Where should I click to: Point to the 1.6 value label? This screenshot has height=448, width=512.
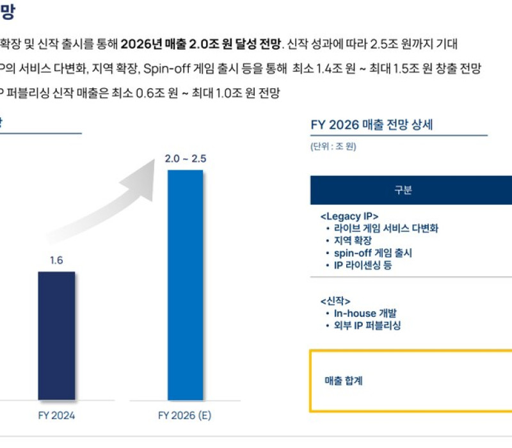pos(56,260)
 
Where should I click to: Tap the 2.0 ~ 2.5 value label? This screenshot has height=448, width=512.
pos(185,159)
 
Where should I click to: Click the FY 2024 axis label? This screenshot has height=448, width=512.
pos(56,415)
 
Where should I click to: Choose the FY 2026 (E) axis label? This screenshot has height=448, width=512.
pos(184,415)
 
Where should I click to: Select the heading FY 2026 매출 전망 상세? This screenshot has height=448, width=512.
pos(372,124)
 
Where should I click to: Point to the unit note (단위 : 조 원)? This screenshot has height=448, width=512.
pos(333,147)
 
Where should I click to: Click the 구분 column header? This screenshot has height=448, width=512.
pos(403,190)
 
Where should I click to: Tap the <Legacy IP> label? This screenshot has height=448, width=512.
pos(349,216)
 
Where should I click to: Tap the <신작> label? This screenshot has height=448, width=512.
pos(335,301)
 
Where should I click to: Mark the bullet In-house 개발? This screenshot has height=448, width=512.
pos(365,314)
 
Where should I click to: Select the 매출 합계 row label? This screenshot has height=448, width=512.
pos(344,381)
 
